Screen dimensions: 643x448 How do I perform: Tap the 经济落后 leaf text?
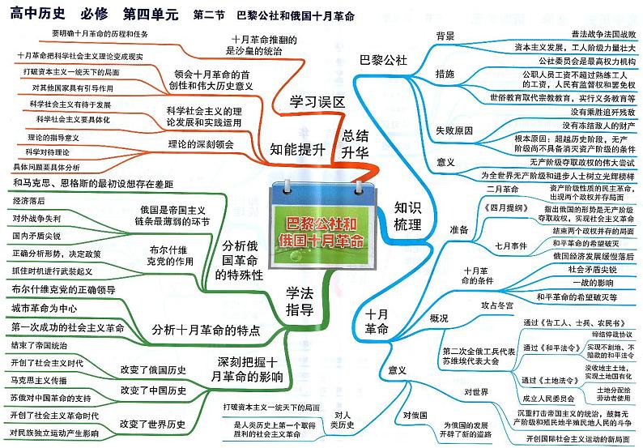(x=30, y=201)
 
